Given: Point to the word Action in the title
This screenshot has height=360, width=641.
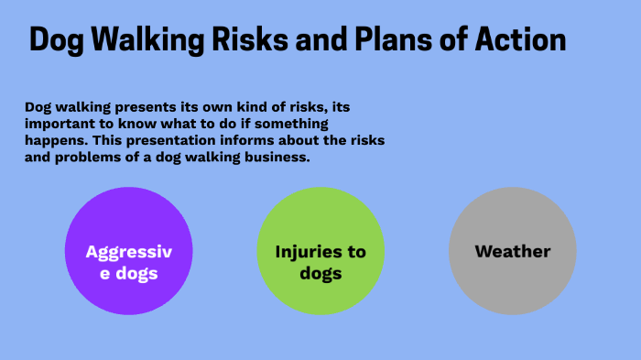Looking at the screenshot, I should [522, 40].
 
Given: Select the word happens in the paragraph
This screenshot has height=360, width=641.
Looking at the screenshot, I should [54, 140].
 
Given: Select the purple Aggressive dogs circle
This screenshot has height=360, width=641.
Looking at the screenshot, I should [129, 251].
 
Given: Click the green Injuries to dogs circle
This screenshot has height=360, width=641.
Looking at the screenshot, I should [320, 251].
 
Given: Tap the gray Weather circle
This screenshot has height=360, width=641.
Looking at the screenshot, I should [512, 251].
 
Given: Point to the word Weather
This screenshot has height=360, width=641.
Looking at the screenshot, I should [512, 251].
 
